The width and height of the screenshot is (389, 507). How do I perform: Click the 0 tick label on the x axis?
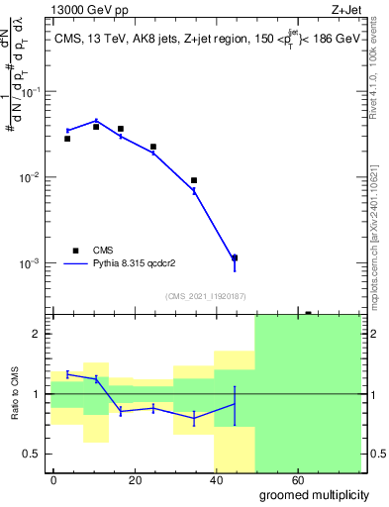pos(53,479)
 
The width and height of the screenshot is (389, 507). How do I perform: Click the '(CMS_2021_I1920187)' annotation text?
pos(205,295)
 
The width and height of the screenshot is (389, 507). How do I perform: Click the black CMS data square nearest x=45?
pos(235,257)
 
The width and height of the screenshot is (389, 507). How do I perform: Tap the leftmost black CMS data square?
pos(67,139)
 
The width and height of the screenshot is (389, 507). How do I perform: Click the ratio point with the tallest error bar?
pos(235,404)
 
